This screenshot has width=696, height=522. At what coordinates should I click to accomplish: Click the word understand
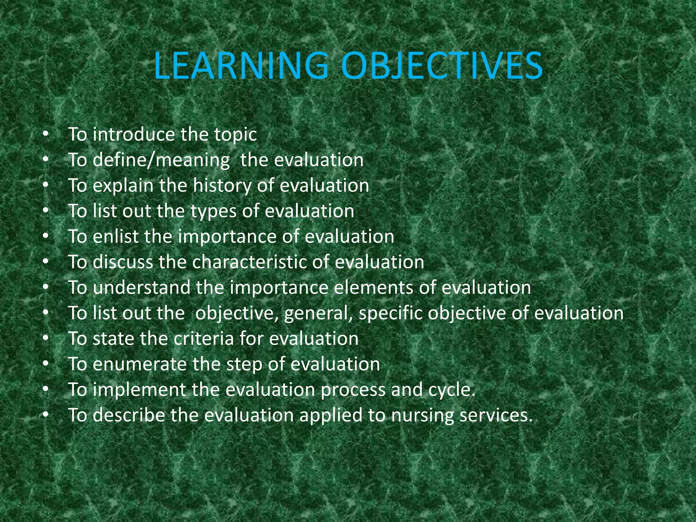[x=141, y=288]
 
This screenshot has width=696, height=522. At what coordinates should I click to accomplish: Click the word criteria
[x=204, y=338]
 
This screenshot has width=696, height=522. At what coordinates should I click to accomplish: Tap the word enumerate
[x=140, y=364]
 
